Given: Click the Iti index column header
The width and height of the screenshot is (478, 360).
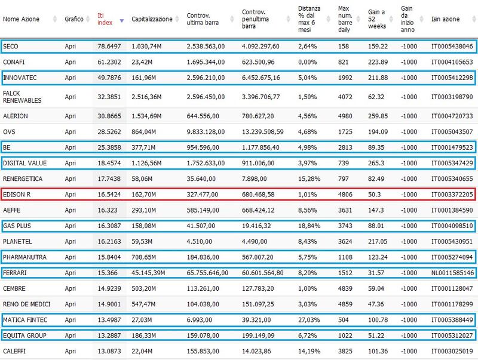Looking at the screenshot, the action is [105, 19].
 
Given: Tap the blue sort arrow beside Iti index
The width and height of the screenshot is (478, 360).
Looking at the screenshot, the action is [122, 21].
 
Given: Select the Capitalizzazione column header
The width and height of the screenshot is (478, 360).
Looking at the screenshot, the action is [152, 19].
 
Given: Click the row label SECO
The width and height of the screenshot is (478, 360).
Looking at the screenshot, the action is [10, 47].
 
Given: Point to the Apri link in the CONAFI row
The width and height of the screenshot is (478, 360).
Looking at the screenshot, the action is [70, 62].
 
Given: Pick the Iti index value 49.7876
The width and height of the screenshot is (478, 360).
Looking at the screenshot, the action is [109, 78].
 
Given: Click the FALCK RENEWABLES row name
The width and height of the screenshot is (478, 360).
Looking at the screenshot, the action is [22, 97].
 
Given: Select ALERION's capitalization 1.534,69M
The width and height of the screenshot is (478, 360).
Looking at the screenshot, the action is [146, 116].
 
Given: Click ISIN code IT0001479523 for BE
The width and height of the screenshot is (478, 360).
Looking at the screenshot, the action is [452, 147].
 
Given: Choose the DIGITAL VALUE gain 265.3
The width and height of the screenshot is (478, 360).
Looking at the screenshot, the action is [376, 163].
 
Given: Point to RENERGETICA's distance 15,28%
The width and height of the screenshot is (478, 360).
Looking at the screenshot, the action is [309, 179].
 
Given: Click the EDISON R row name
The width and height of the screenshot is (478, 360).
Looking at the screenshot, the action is [17, 195].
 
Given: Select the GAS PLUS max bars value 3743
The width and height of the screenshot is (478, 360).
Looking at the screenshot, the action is [345, 226].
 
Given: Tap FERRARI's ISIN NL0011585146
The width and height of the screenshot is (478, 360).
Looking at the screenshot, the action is [452, 273].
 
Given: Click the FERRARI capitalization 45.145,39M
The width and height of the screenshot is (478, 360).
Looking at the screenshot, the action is [148, 273].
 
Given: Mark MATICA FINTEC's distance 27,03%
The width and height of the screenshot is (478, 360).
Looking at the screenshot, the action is [309, 320].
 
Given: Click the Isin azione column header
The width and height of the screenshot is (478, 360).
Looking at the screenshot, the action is [445, 19].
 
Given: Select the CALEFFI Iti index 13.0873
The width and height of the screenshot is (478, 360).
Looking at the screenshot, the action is [109, 351].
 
